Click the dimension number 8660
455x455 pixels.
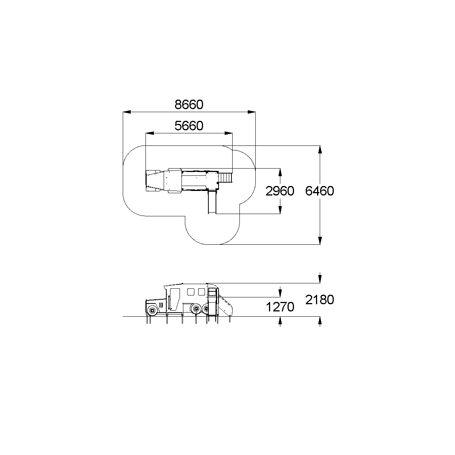pos(189,105)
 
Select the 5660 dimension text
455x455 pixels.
pos(189,126)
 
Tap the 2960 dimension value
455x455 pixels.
pos(280,191)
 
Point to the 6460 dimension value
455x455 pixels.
pos(320,191)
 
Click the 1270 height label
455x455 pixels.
pos(280,307)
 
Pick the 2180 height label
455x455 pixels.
pos(320,300)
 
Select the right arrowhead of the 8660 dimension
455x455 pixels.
pos(252,112)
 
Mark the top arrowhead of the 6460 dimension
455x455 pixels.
pos(320,150)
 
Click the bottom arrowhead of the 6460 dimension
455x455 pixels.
pos(320,241)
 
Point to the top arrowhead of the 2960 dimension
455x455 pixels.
pos(280,172)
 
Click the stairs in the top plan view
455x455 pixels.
pos(226,177)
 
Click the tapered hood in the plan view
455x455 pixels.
pos(155,181)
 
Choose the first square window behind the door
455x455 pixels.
pos(191,292)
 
